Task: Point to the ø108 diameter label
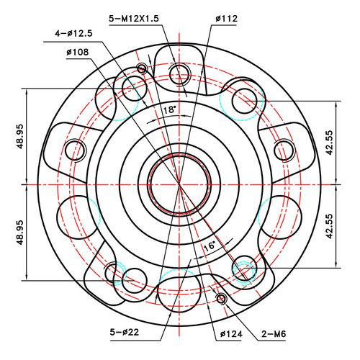point(78,52)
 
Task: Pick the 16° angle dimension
point(209,246)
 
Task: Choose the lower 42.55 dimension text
point(330,225)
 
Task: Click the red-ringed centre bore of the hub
point(179,184)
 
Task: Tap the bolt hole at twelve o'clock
point(180,71)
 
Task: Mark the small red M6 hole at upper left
point(141,68)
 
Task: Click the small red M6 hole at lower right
point(221,298)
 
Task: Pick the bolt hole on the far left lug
point(75,150)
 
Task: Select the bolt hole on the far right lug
point(285,150)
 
